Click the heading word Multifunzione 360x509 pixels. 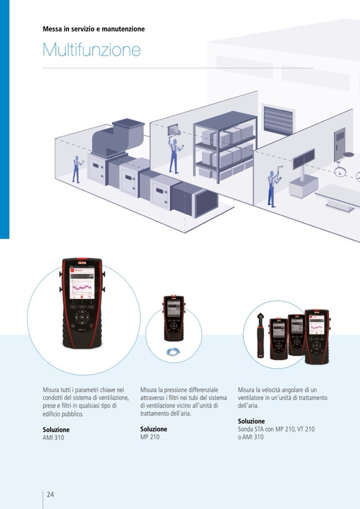[91, 50]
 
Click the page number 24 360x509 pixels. [50, 494]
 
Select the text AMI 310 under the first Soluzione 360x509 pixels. [53, 438]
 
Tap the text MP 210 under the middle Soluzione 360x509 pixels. [150, 437]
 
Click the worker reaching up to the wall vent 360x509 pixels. [173, 154]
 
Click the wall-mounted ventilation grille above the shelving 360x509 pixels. [278, 120]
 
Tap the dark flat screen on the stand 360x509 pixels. [304, 158]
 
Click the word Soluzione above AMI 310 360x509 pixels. [56, 429]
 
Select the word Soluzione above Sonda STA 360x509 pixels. [251, 421]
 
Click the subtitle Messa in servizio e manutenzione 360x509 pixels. [93, 29]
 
